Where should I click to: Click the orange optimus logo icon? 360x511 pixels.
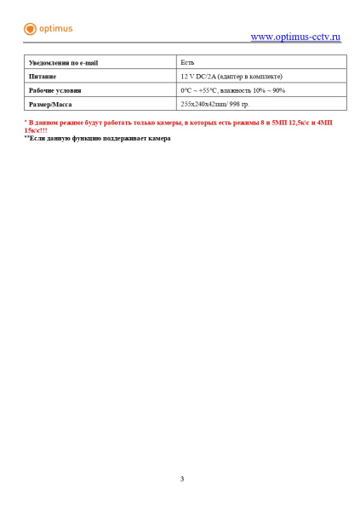tap(31, 29)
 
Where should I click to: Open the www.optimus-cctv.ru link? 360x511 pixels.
tap(295, 37)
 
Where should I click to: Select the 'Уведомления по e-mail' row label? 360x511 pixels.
tap(63, 63)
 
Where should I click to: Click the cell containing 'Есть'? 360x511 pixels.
tap(188, 63)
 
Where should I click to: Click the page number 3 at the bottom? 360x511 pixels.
tap(181, 479)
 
